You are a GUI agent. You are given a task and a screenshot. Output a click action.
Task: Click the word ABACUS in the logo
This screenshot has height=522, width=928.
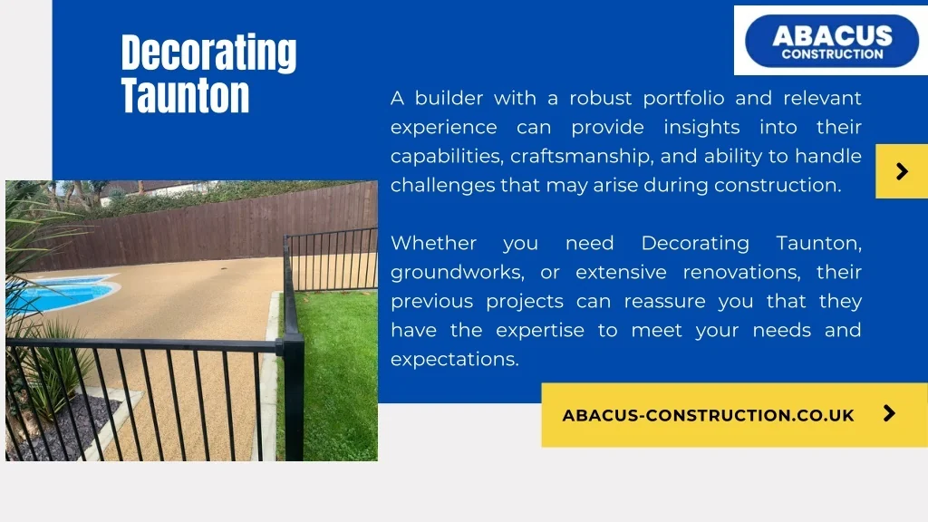click(832, 35)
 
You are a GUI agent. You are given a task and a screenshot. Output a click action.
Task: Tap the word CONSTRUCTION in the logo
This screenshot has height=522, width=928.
click(832, 53)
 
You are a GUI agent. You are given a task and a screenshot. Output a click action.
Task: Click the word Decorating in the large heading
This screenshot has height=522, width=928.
click(209, 53)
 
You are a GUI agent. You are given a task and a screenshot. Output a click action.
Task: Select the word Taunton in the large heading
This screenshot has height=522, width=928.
click(185, 95)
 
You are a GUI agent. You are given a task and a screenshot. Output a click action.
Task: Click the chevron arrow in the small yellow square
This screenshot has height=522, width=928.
click(902, 171)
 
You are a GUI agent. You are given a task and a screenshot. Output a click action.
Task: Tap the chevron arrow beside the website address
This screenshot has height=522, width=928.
click(889, 413)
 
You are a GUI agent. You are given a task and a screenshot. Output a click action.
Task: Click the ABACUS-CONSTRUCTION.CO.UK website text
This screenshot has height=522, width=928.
click(709, 415)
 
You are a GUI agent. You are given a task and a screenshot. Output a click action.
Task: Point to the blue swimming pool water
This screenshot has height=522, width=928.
click(59, 295)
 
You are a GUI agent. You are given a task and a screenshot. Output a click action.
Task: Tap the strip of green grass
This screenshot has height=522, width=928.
click(337, 372)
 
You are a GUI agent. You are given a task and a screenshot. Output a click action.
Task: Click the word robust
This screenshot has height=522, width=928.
click(600, 98)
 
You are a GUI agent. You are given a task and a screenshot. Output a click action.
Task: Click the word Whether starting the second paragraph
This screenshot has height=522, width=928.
click(434, 243)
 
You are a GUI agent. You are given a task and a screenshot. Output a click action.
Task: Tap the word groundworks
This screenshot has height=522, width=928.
click(458, 273)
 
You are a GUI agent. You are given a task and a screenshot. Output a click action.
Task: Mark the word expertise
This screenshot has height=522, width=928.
click(540, 331)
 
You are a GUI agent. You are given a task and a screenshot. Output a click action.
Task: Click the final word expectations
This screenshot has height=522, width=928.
click(455, 360)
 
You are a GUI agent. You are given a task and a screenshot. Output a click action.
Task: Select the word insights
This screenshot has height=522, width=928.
click(701, 128)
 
